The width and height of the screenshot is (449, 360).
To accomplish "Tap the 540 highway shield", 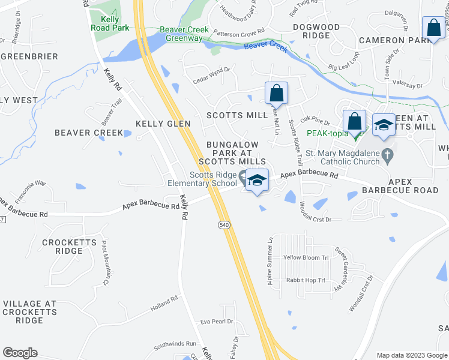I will coord(223,224).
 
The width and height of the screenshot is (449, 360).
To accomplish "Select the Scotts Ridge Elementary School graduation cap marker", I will coord(257,181).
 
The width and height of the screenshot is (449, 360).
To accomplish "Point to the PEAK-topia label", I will coord(327,133).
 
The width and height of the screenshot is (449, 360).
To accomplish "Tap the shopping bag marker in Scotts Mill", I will coord(276,94).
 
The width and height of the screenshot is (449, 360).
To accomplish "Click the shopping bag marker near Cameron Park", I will coord(433,29).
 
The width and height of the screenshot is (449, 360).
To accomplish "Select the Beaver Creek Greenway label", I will coord(184,34).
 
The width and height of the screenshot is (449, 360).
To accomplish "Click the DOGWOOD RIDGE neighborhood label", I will coord(316,31).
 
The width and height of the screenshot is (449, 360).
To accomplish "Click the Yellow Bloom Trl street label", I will coord(306,257).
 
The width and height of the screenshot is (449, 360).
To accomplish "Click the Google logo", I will coord(20,353).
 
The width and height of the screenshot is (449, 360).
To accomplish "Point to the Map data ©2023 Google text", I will coord(411,355).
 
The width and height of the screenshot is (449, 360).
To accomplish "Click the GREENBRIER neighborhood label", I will coord(29,56).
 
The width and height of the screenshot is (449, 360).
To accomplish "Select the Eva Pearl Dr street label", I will coord(216,322).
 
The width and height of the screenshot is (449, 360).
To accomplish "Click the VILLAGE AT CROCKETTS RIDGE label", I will coord(29,312).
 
